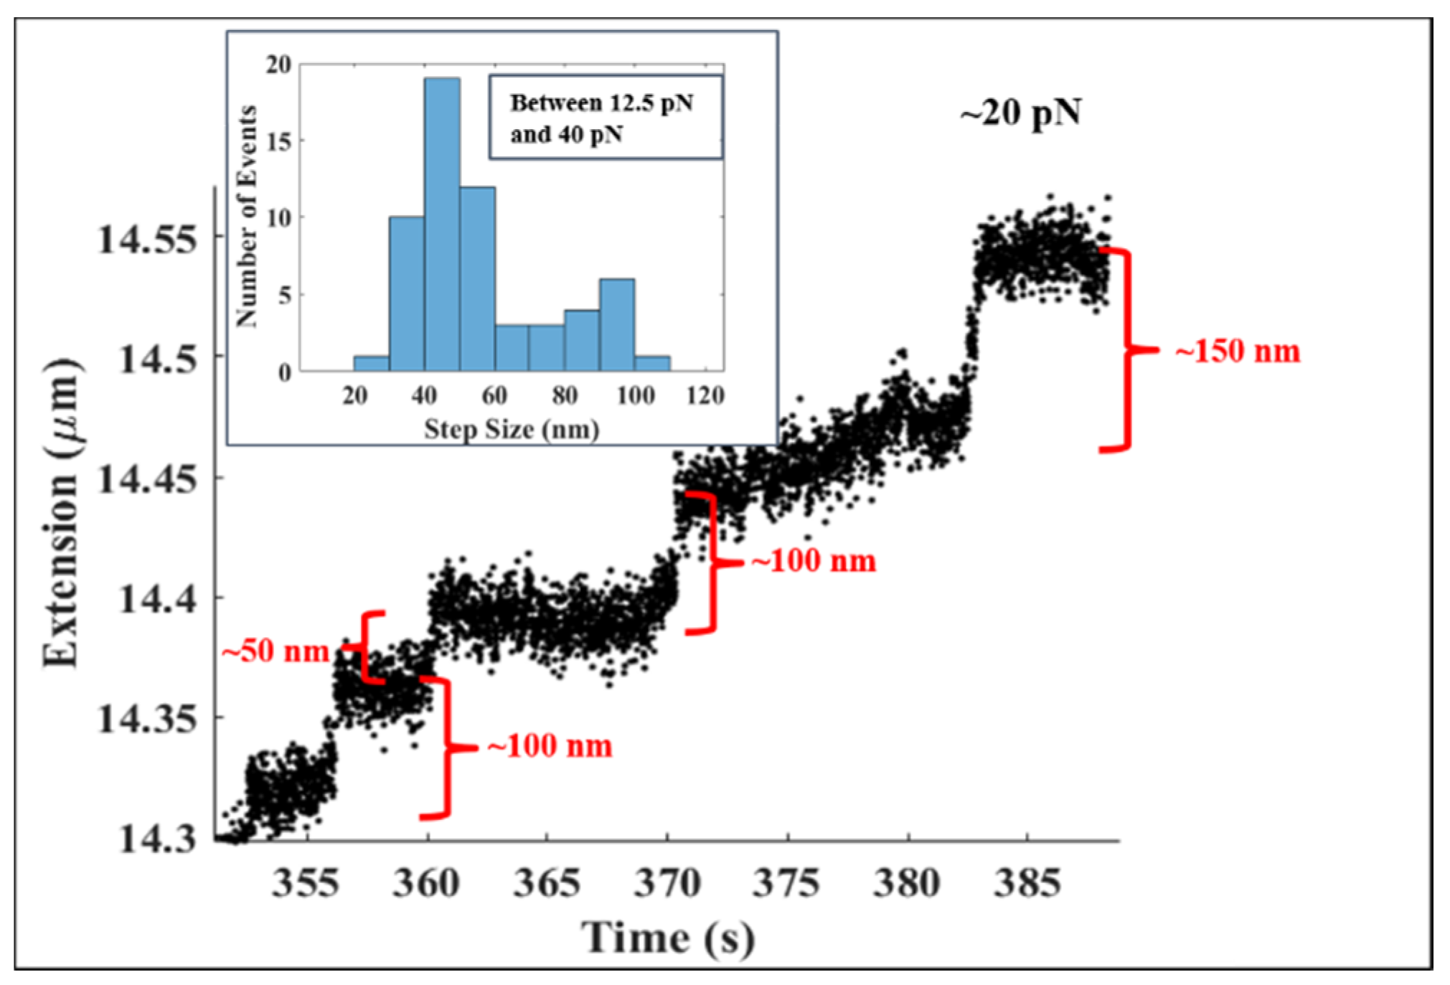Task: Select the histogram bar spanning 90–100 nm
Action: (x=616, y=324)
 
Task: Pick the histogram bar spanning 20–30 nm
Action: (x=371, y=363)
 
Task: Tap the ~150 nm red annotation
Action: (x=1237, y=352)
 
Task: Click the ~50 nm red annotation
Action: (x=275, y=651)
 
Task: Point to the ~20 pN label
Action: (x=1020, y=113)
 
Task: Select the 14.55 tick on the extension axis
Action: (x=147, y=239)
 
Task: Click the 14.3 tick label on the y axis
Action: (x=156, y=837)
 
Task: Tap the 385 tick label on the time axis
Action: (x=1027, y=883)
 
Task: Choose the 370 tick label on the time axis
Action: (x=667, y=883)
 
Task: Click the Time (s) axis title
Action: (x=667, y=938)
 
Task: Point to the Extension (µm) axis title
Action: (x=61, y=513)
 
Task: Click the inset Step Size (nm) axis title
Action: (x=511, y=430)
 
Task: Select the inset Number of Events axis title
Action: (x=246, y=215)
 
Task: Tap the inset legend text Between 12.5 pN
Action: (x=601, y=103)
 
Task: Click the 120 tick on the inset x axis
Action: (x=705, y=395)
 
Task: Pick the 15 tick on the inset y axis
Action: (x=279, y=141)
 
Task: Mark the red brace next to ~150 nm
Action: (x=1126, y=350)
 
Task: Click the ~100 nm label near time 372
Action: (x=813, y=561)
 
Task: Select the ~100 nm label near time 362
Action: (x=549, y=746)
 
